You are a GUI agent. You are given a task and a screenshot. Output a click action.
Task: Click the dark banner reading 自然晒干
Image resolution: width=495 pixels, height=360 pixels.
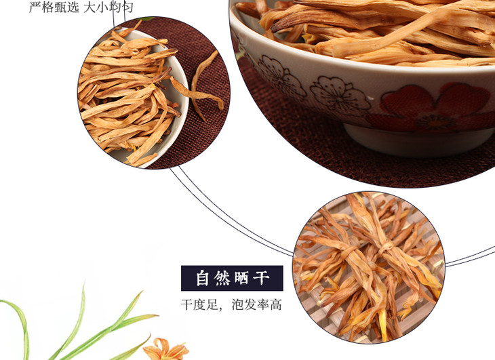(232, 278)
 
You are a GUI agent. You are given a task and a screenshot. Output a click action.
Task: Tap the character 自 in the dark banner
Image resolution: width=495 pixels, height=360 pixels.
(202, 278)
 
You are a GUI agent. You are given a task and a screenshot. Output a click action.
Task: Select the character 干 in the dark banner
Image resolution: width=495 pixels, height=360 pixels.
(261, 278)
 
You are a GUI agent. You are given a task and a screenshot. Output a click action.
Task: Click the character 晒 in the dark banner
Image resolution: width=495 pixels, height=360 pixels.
(241, 278)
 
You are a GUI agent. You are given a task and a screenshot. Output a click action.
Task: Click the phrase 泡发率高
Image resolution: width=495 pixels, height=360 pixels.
(256, 305)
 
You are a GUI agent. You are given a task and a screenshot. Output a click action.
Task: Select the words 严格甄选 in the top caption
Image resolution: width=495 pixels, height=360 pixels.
(54, 7)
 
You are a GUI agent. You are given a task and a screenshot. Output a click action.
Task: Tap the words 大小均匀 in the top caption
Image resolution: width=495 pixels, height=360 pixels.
(108, 7)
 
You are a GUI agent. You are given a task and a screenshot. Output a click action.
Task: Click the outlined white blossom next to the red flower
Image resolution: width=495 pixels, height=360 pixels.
(340, 94)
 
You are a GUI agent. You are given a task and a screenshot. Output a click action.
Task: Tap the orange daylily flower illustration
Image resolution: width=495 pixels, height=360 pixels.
(165, 349)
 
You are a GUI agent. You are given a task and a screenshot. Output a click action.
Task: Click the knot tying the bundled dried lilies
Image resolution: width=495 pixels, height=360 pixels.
(387, 246)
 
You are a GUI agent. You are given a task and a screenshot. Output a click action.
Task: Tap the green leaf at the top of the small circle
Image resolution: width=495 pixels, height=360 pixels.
(146, 19)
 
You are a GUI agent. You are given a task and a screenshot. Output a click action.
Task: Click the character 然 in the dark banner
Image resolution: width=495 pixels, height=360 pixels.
(222, 278)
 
